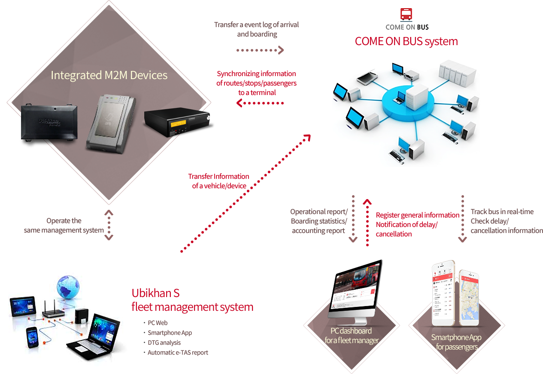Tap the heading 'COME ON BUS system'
click(406, 42)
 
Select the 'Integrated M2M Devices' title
click(109, 75)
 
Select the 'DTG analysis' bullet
click(164, 343)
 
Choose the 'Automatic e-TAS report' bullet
click(178, 353)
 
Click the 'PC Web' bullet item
click(158, 323)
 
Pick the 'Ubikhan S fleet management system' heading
click(192, 300)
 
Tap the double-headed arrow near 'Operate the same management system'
click(109, 225)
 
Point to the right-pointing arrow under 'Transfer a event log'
click(260, 50)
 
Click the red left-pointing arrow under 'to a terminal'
click(260, 103)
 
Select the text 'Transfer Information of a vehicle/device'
click(219, 181)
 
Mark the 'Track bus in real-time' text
click(502, 212)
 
